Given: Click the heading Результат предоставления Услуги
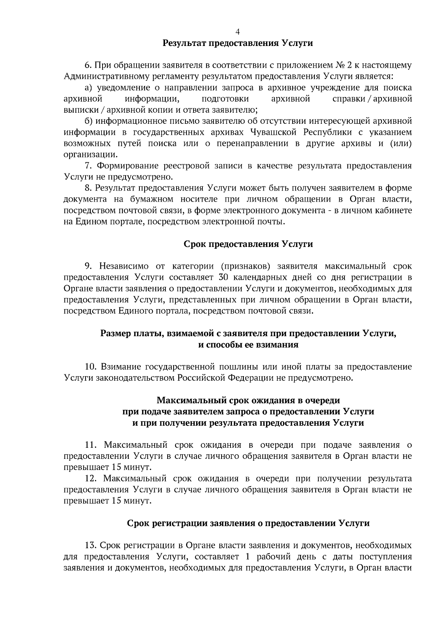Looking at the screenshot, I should (x=238, y=43).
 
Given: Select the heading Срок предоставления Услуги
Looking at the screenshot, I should (x=248, y=244).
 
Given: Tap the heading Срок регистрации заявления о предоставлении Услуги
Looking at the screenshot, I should (x=248, y=523).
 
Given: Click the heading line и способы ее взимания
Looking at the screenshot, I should (x=248, y=345).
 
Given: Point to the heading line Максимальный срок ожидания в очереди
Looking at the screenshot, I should (x=248, y=401).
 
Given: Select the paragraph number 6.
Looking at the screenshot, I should (x=88, y=66).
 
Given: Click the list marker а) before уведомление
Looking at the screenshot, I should (x=88, y=88).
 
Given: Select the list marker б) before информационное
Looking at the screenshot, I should (x=88, y=122).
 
